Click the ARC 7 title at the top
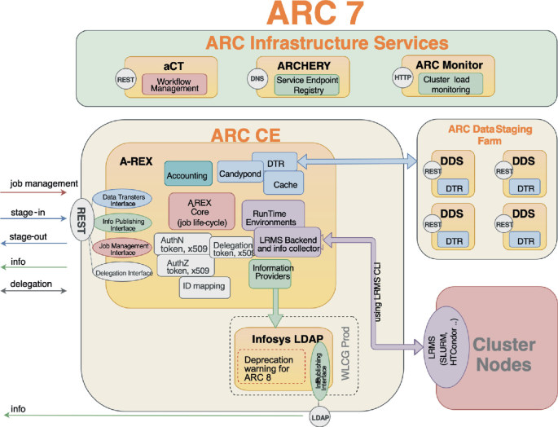(279, 15)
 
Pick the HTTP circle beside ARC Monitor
(402, 77)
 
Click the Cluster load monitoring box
(450, 85)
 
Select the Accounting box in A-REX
(187, 175)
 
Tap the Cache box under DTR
(280, 185)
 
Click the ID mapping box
(204, 287)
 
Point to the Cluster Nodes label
(503, 354)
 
